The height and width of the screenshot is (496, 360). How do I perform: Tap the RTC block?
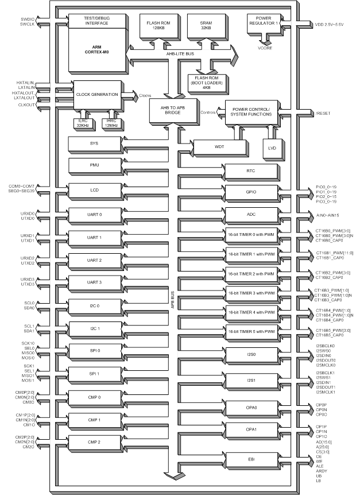click(x=250, y=170)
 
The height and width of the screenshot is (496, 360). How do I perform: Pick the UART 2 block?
click(x=92, y=261)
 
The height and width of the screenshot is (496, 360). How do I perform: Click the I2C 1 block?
click(x=92, y=328)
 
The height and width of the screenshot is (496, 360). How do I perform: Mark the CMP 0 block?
click(x=92, y=397)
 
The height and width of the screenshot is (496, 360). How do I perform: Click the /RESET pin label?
click(x=323, y=114)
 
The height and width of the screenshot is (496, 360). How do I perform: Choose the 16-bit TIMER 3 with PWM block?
click(x=250, y=293)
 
